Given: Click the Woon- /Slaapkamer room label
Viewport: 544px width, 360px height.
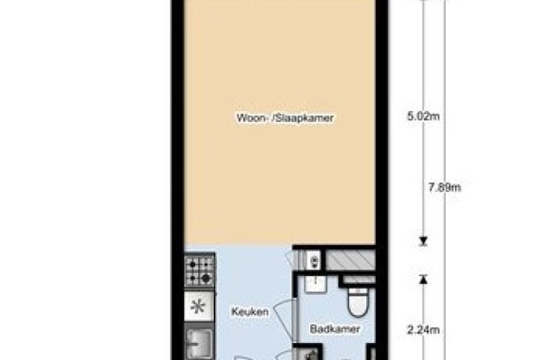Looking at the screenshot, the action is (285, 118).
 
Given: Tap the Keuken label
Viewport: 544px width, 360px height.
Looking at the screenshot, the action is (250, 312).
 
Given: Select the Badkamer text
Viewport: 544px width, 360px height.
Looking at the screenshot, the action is (335, 329).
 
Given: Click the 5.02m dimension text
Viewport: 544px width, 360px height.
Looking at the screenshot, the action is (423, 116).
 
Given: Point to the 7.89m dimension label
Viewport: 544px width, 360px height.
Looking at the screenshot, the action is (444, 187).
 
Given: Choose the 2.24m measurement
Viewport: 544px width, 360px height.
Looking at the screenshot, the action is (423, 330).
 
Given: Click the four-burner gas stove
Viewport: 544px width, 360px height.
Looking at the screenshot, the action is (200, 270).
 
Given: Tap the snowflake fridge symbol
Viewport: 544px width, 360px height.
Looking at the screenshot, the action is (198, 306).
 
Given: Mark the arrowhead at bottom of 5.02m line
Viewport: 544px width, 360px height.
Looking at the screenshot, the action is (423, 241).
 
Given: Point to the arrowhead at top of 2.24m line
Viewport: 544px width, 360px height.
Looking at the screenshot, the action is (423, 279).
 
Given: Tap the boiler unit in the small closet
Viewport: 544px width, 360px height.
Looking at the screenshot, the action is (314, 260).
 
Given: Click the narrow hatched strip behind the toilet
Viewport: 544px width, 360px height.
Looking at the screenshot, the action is (359, 280).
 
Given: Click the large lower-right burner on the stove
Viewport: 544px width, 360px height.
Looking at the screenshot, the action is (206, 278).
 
